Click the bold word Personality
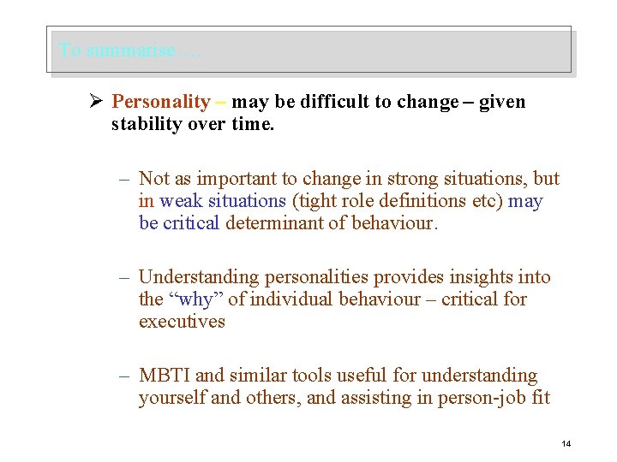(x=161, y=103)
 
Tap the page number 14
(x=566, y=443)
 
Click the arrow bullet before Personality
(x=96, y=103)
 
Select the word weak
(x=180, y=201)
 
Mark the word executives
(x=182, y=322)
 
